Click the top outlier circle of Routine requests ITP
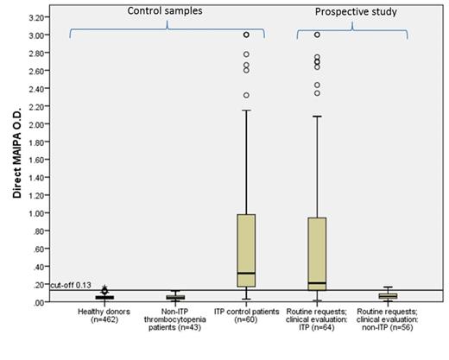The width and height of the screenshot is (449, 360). point(317,35)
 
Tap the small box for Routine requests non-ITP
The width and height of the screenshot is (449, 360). point(388,296)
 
